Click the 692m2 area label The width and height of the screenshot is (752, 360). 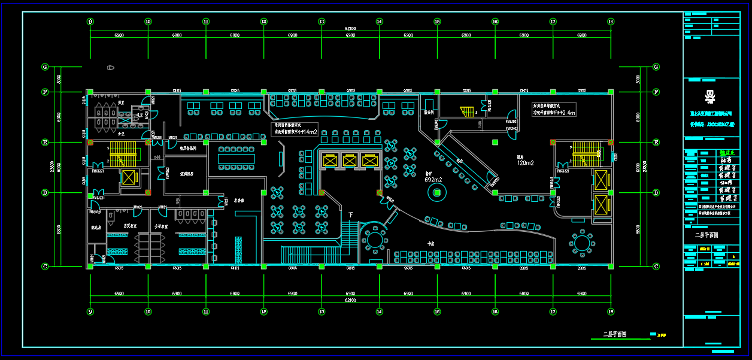[x=433, y=179]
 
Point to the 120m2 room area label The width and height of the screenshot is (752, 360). [x=525, y=162]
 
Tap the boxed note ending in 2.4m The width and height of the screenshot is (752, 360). [x=554, y=109]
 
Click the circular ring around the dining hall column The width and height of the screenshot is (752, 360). [x=437, y=192]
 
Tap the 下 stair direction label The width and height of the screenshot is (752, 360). [x=351, y=214]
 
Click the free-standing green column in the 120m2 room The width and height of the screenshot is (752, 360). [x=495, y=143]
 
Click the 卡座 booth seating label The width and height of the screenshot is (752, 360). [x=430, y=243]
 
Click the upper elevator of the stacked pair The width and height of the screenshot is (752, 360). [x=600, y=179]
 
